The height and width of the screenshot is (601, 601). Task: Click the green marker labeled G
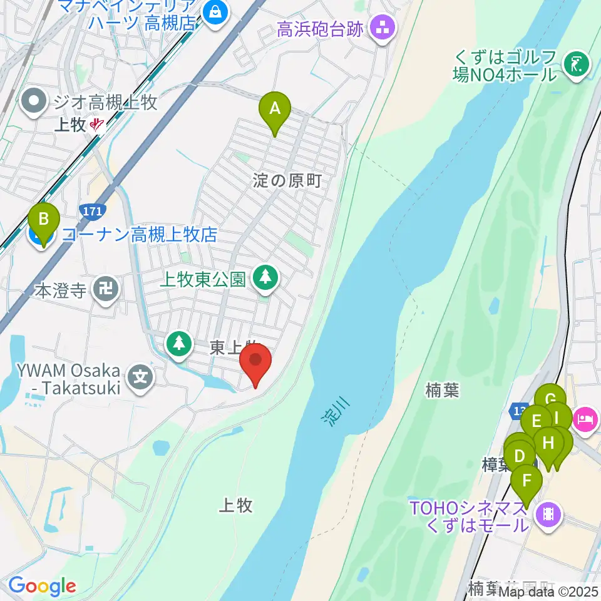tap(550, 400)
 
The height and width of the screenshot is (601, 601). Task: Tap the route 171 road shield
tap(93, 211)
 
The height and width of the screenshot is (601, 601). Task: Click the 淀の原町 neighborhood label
tap(287, 182)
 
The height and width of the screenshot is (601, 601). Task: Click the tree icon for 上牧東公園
tap(266, 276)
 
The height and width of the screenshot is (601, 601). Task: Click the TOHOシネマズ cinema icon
tap(548, 515)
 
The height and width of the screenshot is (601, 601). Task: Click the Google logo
tap(42, 586)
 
